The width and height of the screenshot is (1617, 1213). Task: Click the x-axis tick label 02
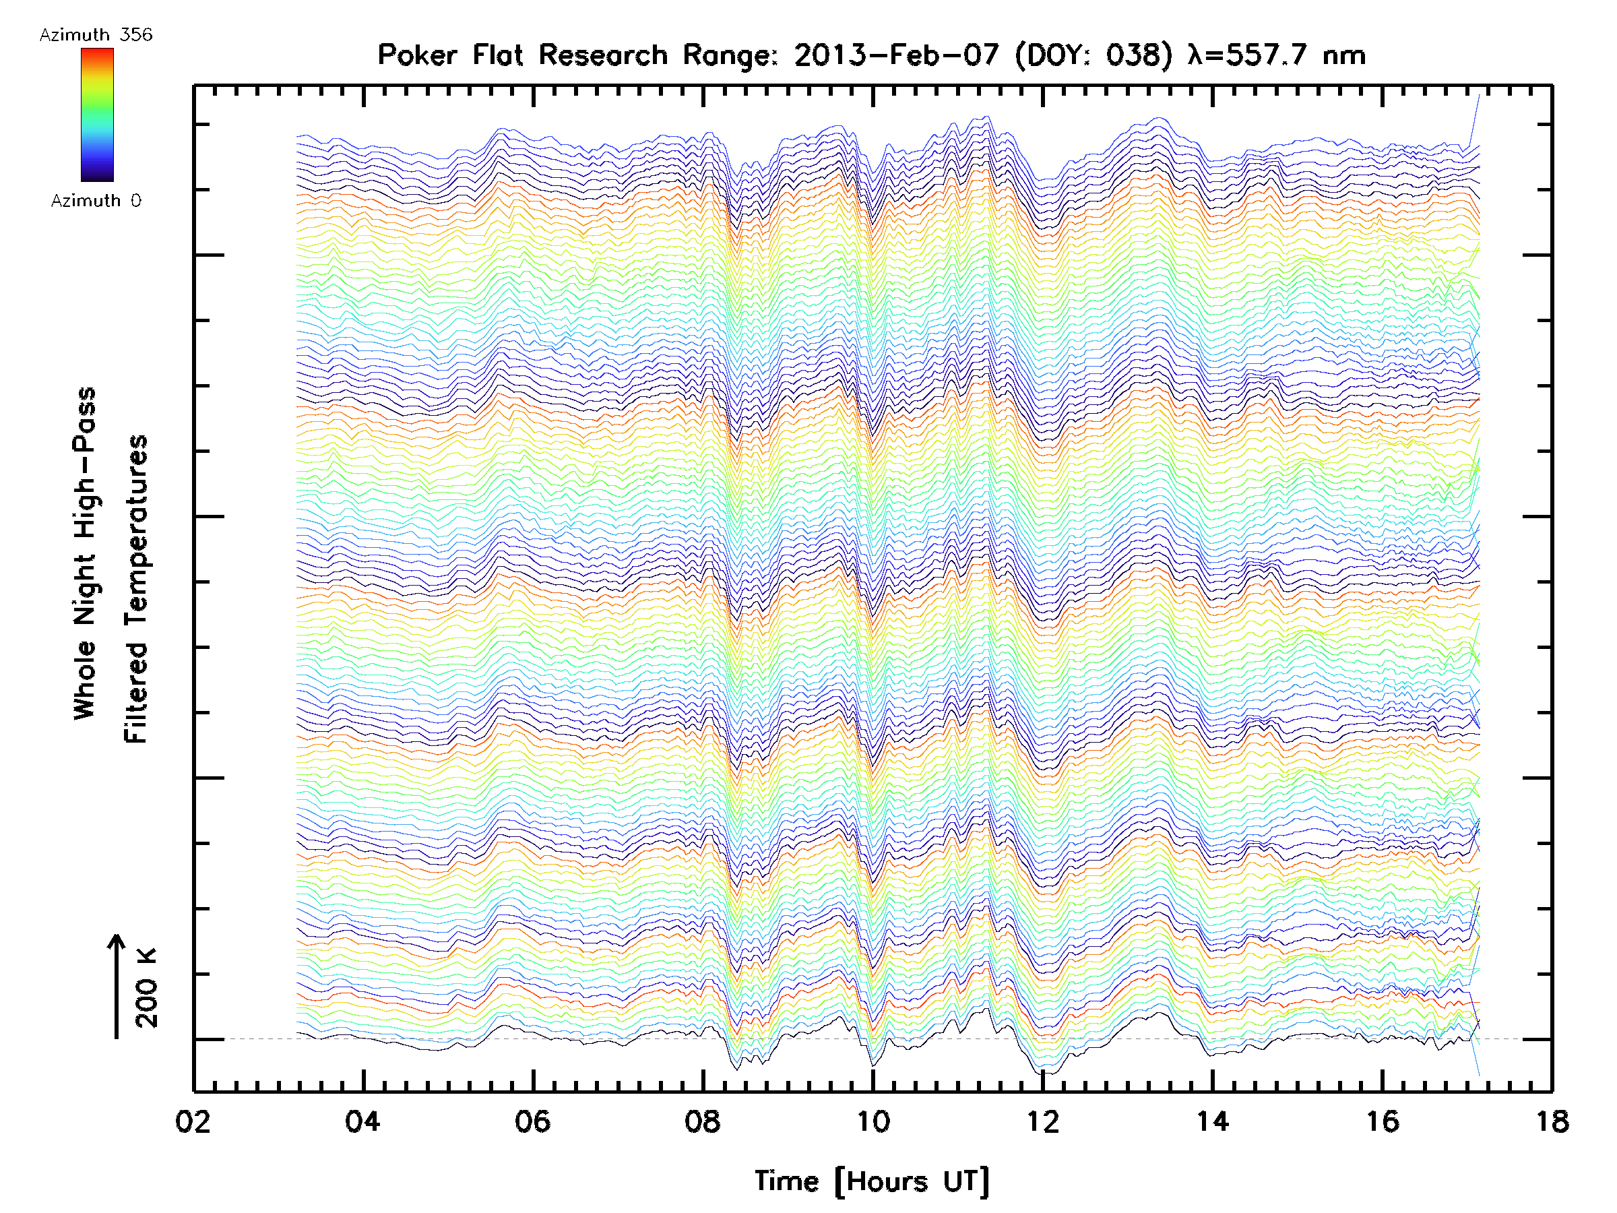[193, 1121]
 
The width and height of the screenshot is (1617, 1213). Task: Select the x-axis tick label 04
[362, 1121]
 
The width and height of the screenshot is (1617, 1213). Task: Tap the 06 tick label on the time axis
[532, 1121]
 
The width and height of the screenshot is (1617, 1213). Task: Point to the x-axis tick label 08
[703, 1121]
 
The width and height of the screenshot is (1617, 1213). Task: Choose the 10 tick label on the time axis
[873, 1121]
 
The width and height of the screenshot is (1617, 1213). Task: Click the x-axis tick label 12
[1042, 1121]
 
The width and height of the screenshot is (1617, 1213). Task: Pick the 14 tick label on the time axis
[1213, 1121]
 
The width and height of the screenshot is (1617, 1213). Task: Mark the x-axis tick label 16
[1383, 1121]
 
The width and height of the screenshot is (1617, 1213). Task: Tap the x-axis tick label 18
[1552, 1121]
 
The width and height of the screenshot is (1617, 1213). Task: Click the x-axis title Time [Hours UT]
[872, 1181]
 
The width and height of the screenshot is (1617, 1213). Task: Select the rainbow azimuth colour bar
[97, 114]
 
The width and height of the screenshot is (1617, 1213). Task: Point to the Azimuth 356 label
[96, 35]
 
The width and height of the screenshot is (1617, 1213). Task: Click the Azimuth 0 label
[96, 200]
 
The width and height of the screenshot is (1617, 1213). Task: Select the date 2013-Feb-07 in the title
[896, 55]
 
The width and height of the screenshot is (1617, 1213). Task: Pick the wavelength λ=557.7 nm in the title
[1277, 55]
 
